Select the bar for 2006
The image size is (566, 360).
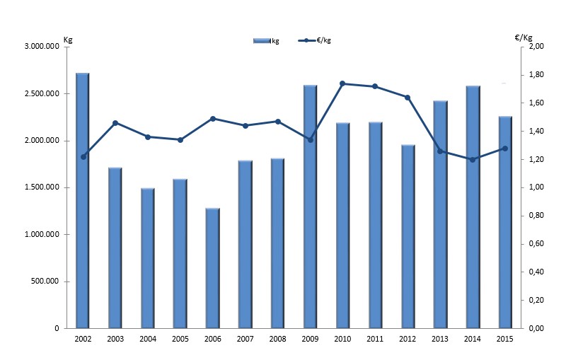coord(212,268)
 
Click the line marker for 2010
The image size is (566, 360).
coord(342,83)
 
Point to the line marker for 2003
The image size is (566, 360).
coord(115,123)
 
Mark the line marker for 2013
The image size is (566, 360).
coord(440,151)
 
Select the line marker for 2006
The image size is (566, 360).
coord(213,119)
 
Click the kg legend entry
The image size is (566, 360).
coord(267,41)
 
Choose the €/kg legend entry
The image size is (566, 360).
coord(315,41)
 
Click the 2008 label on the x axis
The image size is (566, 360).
coord(277,339)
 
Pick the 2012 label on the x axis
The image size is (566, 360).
coord(408,339)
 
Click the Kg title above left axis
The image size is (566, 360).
coord(68,38)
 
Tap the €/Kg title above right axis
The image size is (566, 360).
coord(524,38)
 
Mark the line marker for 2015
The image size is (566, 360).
coord(504,149)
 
